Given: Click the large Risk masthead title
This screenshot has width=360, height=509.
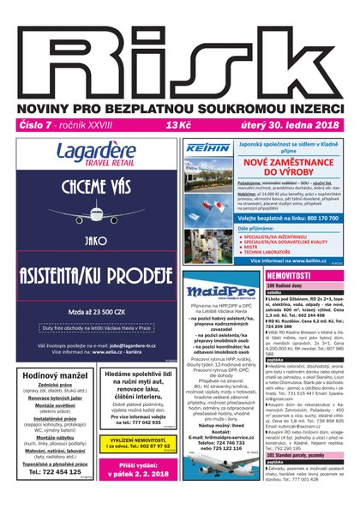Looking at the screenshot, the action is click(180, 51).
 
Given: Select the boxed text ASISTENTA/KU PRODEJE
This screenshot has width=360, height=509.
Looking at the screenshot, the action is click(96, 274).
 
